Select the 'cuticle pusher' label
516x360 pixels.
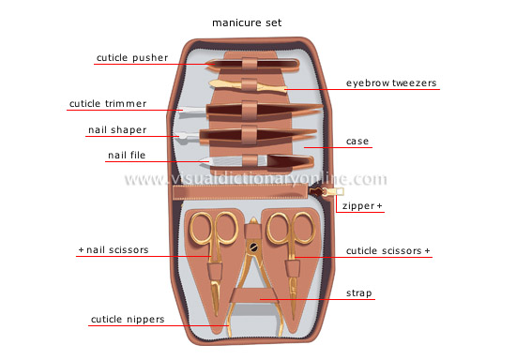(x=132, y=58)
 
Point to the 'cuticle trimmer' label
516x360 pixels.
(x=107, y=103)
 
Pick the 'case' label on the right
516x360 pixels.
(x=357, y=142)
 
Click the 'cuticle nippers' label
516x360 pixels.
(x=128, y=320)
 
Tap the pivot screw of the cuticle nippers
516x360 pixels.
(x=251, y=247)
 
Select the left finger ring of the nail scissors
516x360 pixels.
(x=201, y=228)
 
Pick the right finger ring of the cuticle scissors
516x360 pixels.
(x=303, y=228)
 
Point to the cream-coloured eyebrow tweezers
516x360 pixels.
(x=246, y=85)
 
